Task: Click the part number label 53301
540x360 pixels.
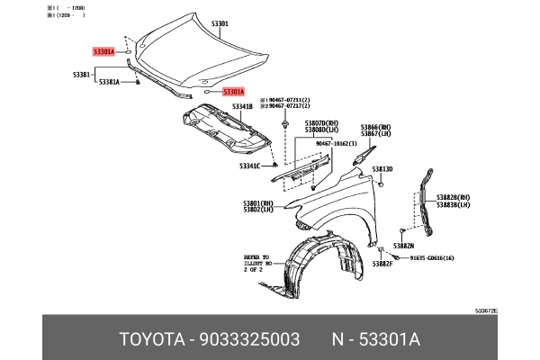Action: coord(245,23)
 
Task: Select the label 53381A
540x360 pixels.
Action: coord(109,82)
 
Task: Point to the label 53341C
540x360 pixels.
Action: coord(249,166)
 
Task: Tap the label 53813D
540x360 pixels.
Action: coord(382,168)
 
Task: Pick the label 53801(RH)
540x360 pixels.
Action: coord(258,202)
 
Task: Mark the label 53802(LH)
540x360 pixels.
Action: coord(258,210)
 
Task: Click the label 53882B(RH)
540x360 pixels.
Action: coord(454,197)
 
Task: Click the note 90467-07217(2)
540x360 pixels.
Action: coord(286,107)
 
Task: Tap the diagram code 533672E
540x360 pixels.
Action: coord(487,310)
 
